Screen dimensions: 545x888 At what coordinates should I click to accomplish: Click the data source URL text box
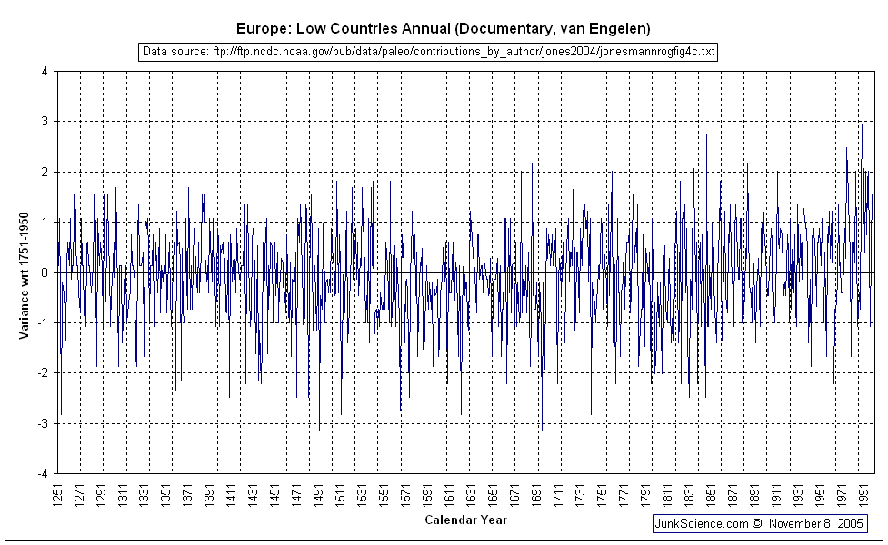[429, 52]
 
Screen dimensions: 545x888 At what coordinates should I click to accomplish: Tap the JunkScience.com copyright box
[760, 524]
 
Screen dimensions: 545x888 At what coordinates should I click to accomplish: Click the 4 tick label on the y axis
[45, 71]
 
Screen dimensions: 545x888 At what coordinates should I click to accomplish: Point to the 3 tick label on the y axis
[45, 122]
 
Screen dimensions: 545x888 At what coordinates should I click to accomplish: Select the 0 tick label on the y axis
[45, 272]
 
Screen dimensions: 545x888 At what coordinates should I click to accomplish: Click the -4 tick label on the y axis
[43, 473]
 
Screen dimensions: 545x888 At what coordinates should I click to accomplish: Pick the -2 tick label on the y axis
[43, 373]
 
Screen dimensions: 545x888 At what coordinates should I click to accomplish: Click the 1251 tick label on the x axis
[58, 495]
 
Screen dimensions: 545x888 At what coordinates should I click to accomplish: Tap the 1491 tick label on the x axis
[318, 495]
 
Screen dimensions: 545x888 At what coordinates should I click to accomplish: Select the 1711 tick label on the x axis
[556, 495]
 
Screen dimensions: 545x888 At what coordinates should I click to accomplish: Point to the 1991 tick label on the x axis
[861, 495]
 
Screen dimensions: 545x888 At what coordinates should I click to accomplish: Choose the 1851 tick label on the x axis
[709, 495]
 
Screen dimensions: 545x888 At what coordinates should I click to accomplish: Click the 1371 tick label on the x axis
[188, 495]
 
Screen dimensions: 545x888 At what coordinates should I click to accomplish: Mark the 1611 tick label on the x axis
[448, 495]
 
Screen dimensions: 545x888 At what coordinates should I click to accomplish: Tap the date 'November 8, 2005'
[816, 524]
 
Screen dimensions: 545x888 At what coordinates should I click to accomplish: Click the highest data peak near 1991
[861, 124]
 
